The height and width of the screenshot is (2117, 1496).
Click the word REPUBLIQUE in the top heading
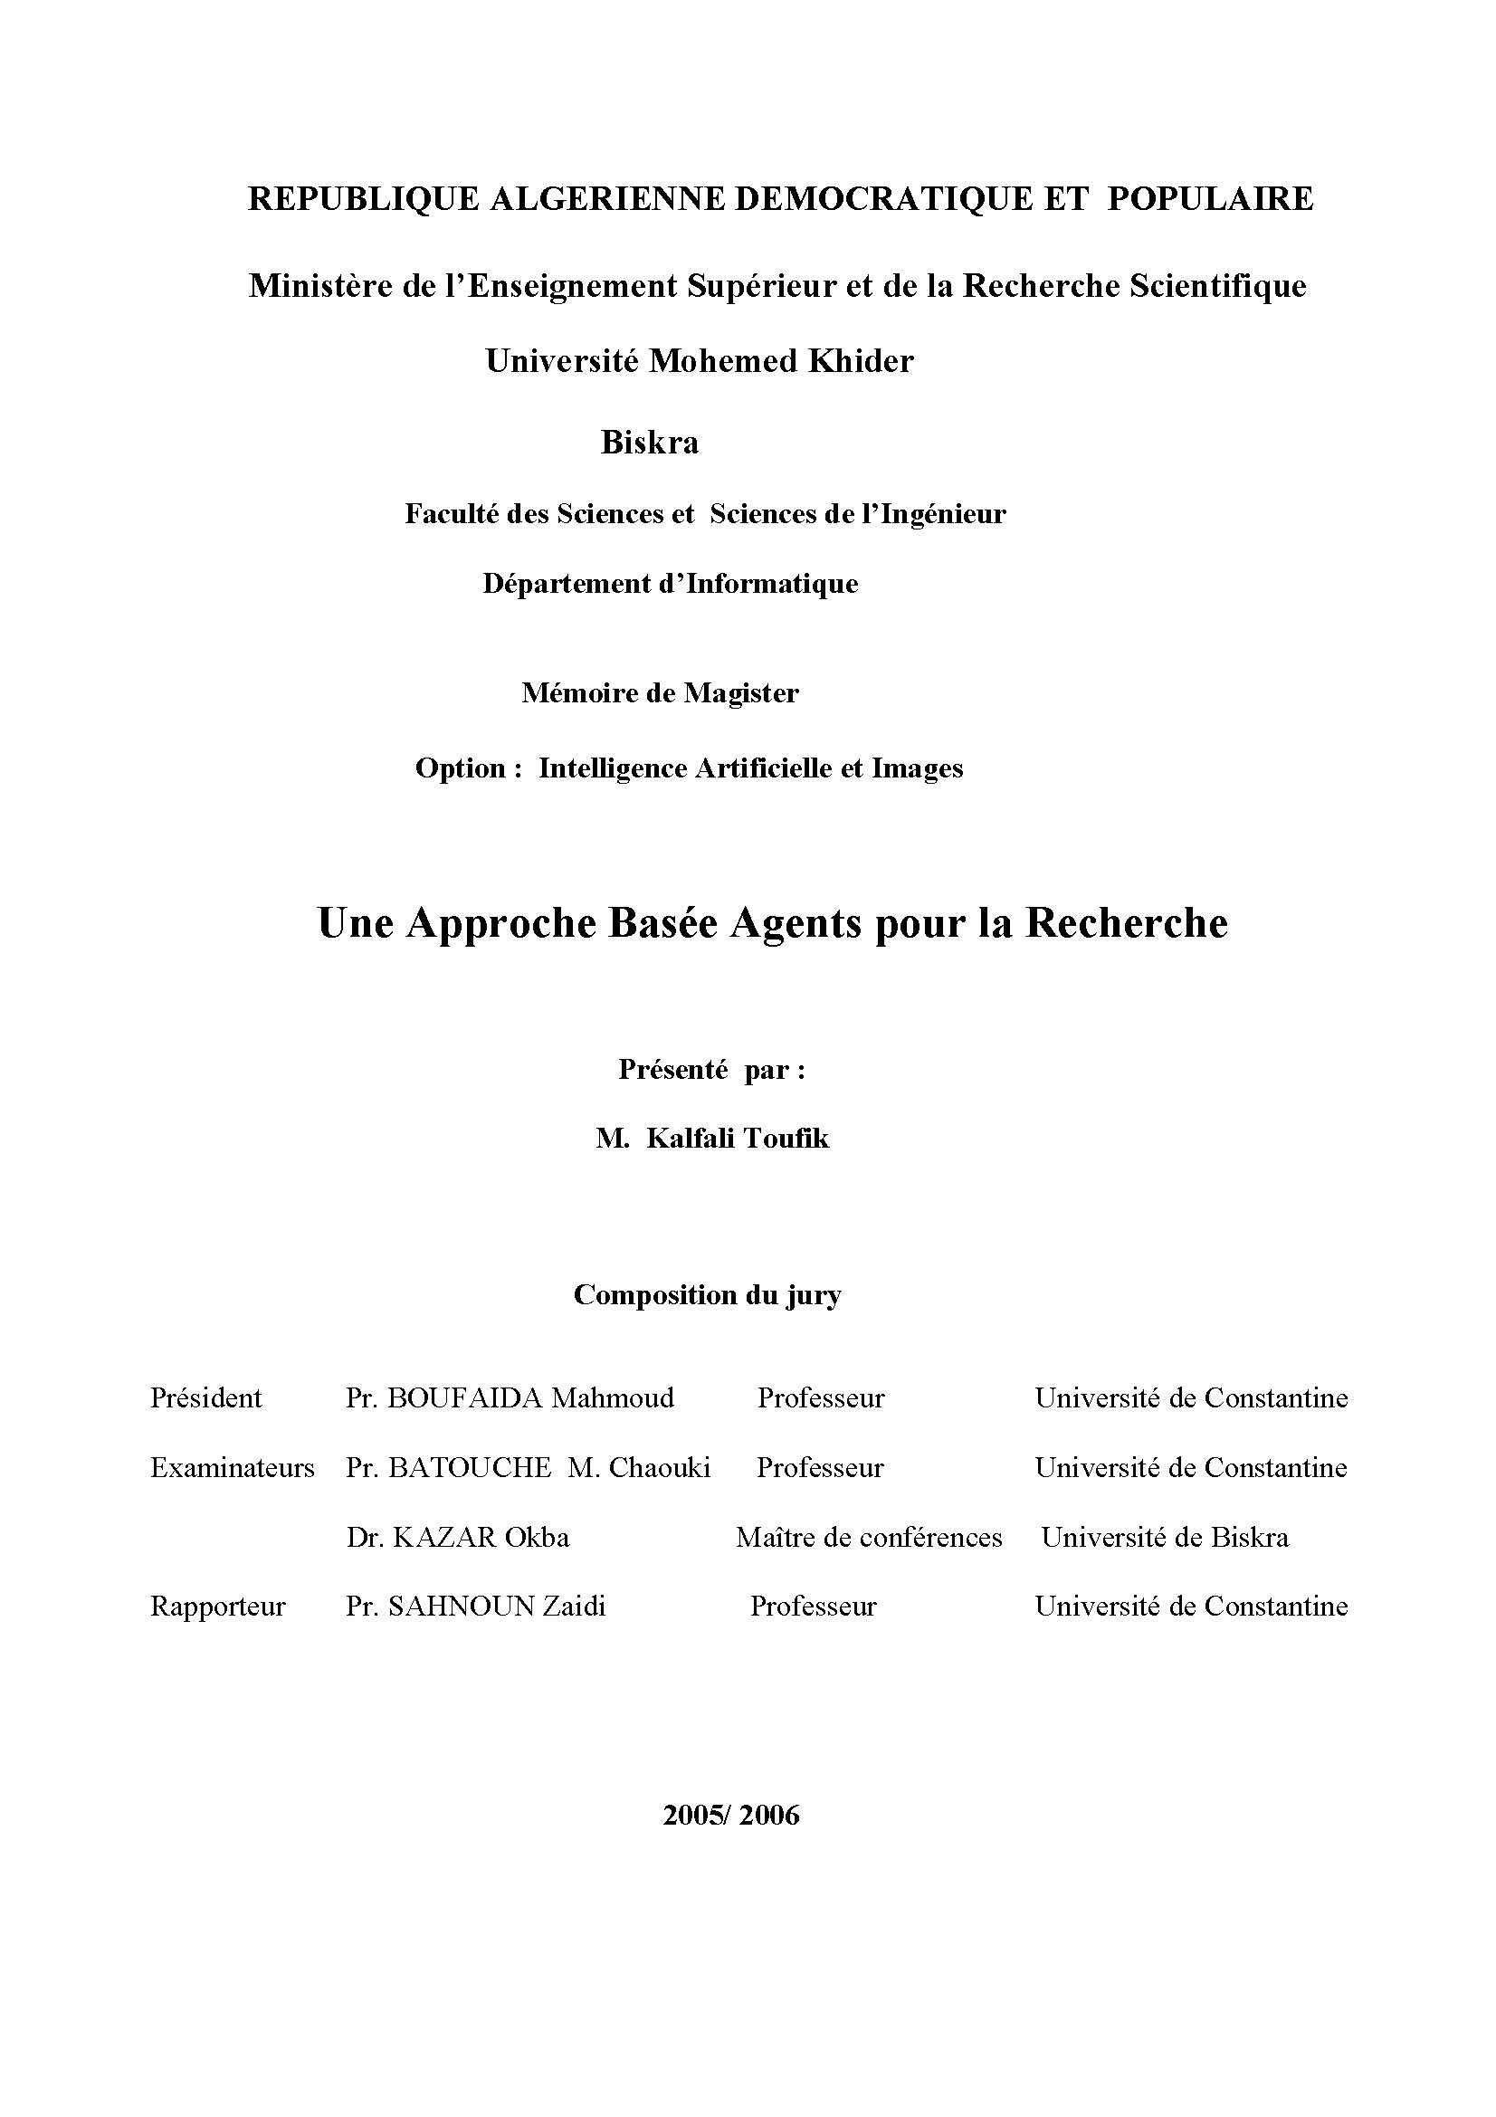point(363,199)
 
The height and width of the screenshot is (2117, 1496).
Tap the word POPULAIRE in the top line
point(1210,199)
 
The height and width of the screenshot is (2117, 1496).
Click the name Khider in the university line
point(861,361)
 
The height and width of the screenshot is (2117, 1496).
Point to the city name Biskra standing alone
point(650,443)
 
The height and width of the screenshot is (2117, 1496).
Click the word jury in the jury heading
point(814,1295)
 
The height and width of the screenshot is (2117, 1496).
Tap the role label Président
point(205,1397)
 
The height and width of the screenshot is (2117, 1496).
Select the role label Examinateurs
point(233,1467)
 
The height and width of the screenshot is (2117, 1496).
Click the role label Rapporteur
point(217,1607)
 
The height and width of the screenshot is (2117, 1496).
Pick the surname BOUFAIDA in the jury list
point(465,1397)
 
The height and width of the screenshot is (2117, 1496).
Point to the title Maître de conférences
point(869,1537)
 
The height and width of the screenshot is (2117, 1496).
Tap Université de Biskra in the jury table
point(1165,1537)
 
